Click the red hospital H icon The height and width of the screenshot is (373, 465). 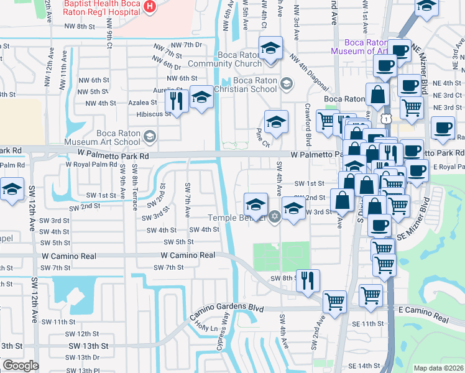click(149, 7)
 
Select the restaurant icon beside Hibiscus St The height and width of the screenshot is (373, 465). click(178, 100)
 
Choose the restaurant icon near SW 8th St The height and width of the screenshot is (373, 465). click(308, 280)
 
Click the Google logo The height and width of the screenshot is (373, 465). click(20, 366)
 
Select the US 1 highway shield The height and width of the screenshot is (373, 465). click(387, 117)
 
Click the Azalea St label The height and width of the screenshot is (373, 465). click(144, 103)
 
